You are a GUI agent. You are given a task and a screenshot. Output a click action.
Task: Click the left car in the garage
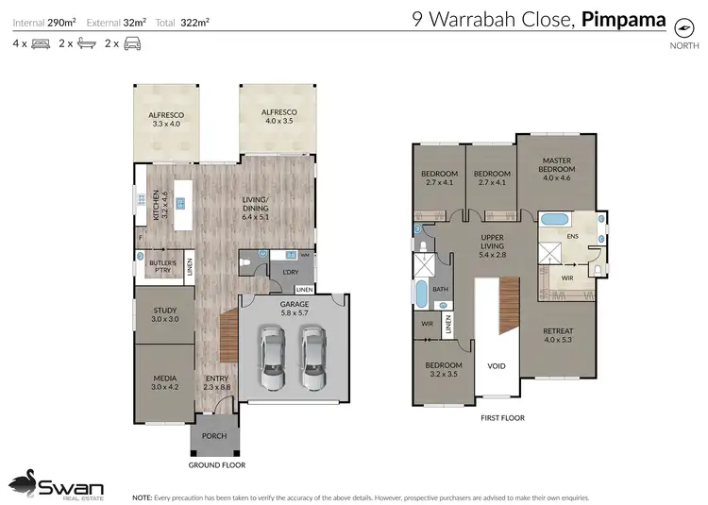click(271, 359)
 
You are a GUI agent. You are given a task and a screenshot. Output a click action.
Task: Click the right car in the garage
click(312, 359)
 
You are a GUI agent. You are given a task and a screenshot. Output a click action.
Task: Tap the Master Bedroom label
click(556, 169)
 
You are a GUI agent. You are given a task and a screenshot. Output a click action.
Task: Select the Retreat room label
click(556, 336)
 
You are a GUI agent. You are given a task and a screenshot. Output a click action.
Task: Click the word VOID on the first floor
click(496, 365)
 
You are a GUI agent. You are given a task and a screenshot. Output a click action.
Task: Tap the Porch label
click(213, 436)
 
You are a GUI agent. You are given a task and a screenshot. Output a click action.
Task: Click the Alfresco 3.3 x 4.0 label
click(165, 119)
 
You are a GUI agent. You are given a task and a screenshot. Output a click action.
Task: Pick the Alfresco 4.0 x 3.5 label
click(278, 116)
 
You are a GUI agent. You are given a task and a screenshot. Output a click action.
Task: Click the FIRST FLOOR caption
click(502, 417)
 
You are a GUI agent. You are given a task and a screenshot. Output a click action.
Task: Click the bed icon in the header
click(42, 43)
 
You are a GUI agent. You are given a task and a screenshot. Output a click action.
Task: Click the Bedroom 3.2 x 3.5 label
click(442, 369)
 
